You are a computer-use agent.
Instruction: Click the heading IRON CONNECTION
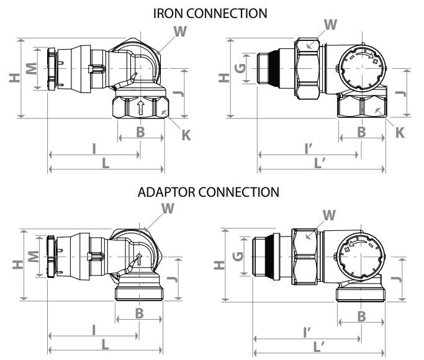pos(210,14)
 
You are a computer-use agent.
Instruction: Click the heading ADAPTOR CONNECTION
pos(208,192)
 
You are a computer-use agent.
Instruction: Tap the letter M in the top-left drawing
pos(32,68)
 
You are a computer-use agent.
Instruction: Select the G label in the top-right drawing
pos(240,68)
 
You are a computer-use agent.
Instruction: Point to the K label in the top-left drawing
pos(186,135)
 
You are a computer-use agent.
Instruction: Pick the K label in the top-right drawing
pos(400,132)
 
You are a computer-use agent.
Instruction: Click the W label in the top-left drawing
pos(180,31)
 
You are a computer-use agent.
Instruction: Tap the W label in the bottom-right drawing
pos(329,215)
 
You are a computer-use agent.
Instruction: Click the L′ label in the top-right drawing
pos(320,163)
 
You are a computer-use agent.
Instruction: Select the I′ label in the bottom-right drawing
pos(307,333)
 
